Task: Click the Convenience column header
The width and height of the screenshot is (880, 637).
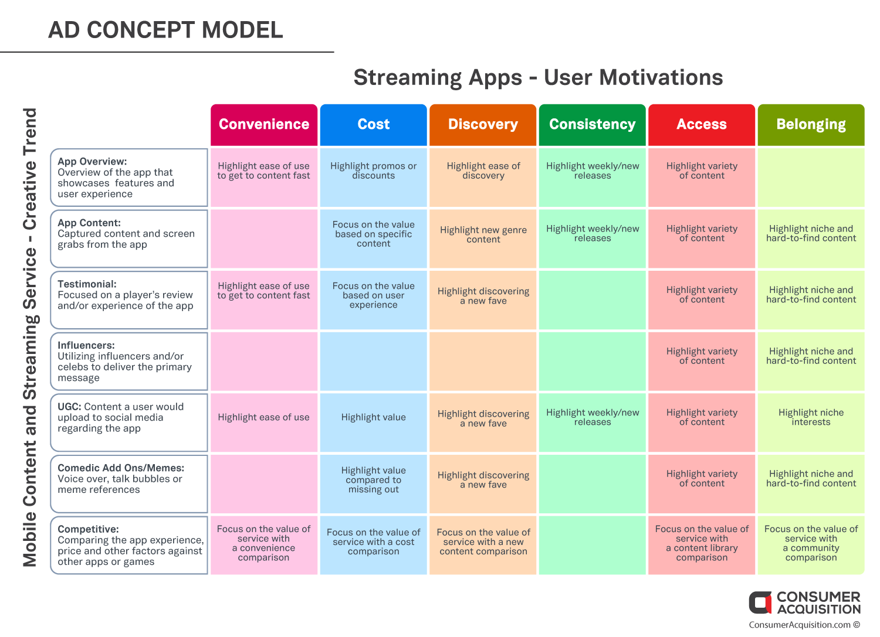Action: click(263, 125)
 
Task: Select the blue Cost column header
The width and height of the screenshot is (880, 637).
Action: click(373, 125)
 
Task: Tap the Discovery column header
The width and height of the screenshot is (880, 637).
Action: click(483, 125)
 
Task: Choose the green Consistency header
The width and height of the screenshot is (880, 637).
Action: click(592, 125)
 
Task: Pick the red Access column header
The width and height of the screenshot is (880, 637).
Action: click(702, 125)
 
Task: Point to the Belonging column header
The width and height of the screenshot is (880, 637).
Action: click(811, 125)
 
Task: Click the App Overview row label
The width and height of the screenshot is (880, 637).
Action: click(129, 178)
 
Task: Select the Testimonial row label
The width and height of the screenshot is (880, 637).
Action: click(129, 300)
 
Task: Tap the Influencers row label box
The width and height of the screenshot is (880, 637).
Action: click(129, 361)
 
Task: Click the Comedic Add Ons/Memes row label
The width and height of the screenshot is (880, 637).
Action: click(129, 483)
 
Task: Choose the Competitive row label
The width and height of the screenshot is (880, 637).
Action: click(129, 545)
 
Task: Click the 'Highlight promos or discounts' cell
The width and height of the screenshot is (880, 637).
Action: click(373, 178)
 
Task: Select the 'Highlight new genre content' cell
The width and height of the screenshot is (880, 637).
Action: click(483, 239)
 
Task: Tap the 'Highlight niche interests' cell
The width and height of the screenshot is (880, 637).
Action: click(811, 423)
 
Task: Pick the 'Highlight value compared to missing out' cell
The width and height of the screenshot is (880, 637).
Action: click(373, 483)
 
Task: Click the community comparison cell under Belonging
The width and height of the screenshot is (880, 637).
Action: click(811, 545)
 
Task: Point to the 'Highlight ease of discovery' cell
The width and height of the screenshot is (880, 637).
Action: click(483, 178)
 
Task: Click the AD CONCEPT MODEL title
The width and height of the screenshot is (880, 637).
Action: click(165, 30)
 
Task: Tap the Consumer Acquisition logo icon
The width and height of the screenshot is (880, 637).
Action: click(760, 602)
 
